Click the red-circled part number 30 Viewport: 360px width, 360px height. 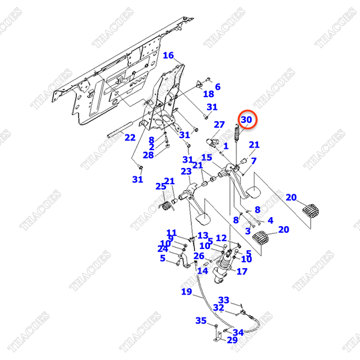pyautogui.click(x=247, y=121)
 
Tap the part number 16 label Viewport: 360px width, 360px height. pyautogui.click(x=168, y=56)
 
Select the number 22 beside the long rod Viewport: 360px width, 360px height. pyautogui.click(x=130, y=137)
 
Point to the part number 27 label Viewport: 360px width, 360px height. pyautogui.click(x=219, y=124)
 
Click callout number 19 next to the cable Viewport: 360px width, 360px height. pyautogui.click(x=187, y=292)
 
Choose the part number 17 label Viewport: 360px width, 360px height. pyautogui.click(x=242, y=271)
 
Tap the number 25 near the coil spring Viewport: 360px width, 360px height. pyautogui.click(x=160, y=187)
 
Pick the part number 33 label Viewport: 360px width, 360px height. pyautogui.click(x=224, y=299)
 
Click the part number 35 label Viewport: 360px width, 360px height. pyautogui.click(x=200, y=321)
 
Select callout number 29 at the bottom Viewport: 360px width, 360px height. pyautogui.click(x=232, y=340)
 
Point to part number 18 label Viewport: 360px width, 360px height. pyautogui.click(x=208, y=94)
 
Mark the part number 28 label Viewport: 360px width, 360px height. pyautogui.click(x=148, y=155)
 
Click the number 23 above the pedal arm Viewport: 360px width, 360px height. pyautogui.click(x=186, y=171)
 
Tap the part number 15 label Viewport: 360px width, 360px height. pyautogui.click(x=207, y=158)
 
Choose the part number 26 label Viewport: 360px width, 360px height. pyautogui.click(x=199, y=256)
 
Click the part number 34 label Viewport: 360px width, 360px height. pyautogui.click(x=238, y=332)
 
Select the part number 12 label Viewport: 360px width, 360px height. pyautogui.click(x=221, y=238)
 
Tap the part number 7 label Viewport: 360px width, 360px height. pyautogui.click(x=253, y=161)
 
